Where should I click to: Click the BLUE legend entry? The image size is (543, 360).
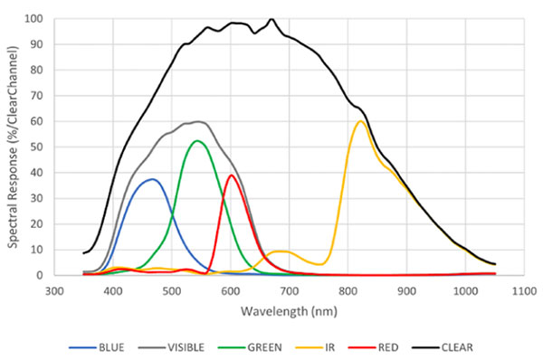96,347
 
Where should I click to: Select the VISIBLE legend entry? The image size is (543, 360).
171,347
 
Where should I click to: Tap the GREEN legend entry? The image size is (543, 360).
250,347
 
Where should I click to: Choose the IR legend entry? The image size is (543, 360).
315,347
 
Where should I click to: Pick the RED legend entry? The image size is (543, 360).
373,347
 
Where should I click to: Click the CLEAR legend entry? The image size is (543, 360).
443,347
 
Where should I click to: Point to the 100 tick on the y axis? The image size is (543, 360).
33,18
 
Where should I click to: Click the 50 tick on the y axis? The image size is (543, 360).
37,147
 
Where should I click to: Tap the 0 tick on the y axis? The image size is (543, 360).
40,275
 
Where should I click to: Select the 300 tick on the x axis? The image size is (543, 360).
54,291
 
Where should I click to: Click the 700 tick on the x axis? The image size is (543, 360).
290,291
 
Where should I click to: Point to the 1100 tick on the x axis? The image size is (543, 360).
524,291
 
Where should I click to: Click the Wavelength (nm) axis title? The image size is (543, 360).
289,311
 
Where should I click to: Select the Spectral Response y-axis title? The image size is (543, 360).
13,147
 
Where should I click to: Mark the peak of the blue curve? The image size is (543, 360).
152,179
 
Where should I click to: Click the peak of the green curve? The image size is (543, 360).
197,140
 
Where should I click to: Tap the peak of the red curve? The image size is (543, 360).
232,175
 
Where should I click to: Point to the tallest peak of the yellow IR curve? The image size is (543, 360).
360,121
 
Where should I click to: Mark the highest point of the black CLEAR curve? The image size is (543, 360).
271,19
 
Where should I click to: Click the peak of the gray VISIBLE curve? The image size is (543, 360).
198,121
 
